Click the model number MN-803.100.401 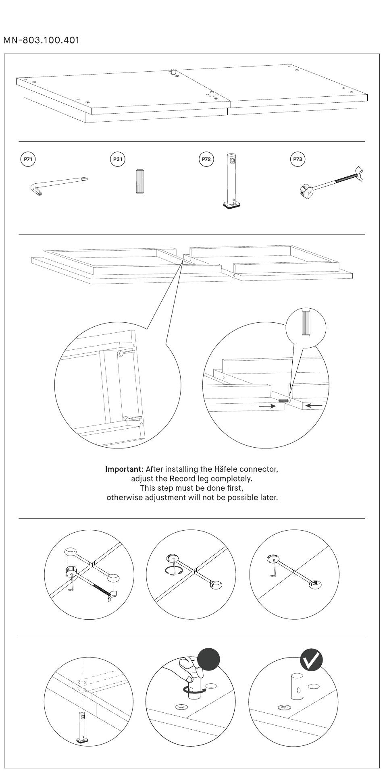[x=42, y=40]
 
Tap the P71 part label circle [x=28, y=159]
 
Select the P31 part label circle [x=117, y=159]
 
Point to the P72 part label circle [x=206, y=159]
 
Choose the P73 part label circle [x=298, y=159]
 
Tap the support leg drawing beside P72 [x=231, y=181]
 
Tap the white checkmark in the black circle [x=312, y=660]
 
